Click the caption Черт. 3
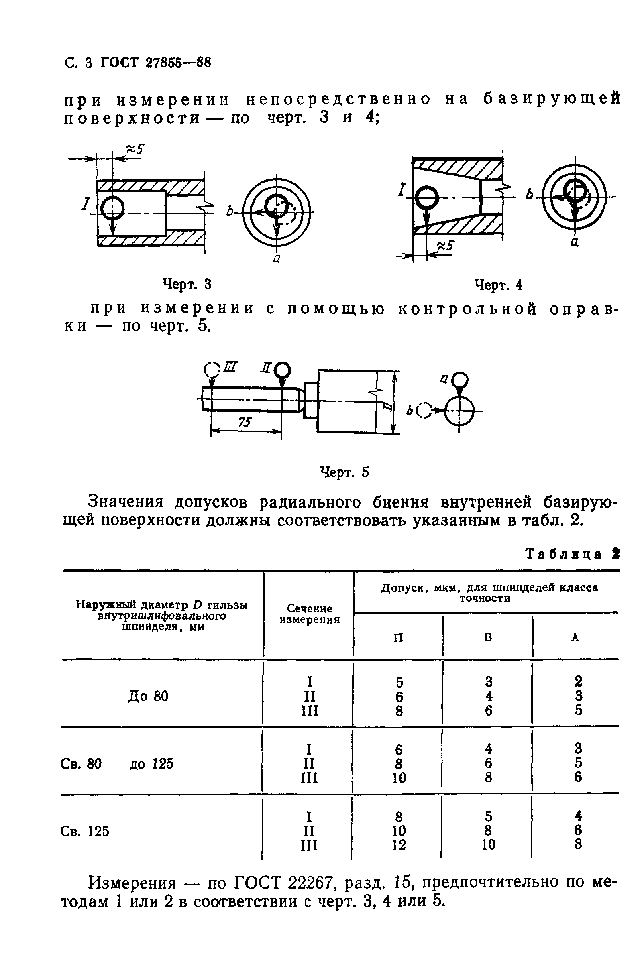tap(187, 284)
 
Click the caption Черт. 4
tap(498, 285)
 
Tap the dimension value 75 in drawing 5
tap(245, 422)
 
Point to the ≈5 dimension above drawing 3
tap(136, 149)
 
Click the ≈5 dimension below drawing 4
tap(446, 246)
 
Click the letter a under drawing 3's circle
tap(277, 258)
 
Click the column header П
tap(398, 637)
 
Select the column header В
tap(488, 637)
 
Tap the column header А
tap(575, 637)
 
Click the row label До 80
tap(148, 696)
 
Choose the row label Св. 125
tap(85, 831)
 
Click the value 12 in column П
tap(399, 845)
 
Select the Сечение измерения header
tap(310, 614)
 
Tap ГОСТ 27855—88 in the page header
tap(156, 63)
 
